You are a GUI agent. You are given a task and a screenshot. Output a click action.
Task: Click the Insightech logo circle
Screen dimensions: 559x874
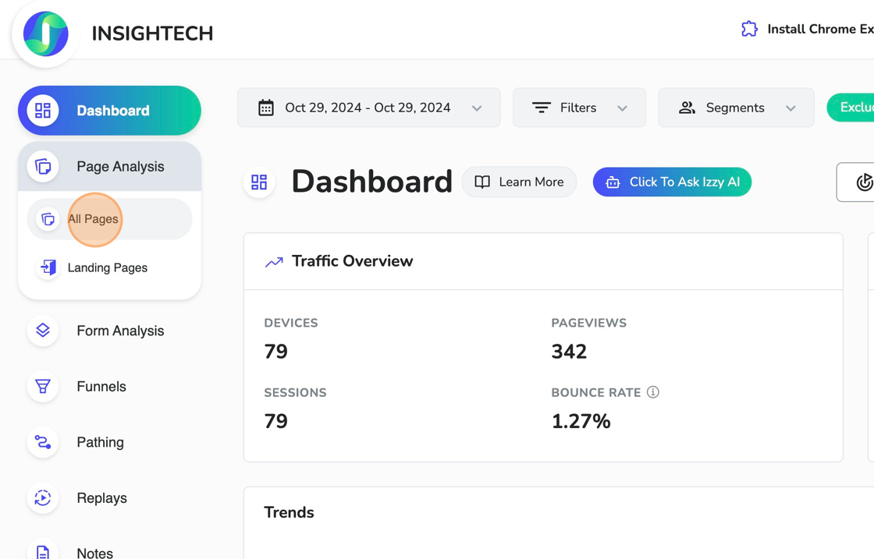46,34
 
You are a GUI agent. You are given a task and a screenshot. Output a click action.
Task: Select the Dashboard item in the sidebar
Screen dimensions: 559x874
109,111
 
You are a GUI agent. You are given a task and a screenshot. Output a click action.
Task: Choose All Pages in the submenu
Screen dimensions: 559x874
94,219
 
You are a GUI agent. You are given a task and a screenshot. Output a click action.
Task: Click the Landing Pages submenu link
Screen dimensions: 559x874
107,267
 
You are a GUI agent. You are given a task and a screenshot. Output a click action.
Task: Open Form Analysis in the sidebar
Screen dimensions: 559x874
119,331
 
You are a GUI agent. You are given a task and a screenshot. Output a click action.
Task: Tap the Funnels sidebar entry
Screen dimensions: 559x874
101,387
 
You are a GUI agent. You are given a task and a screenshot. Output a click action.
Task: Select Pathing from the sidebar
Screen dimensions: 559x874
100,442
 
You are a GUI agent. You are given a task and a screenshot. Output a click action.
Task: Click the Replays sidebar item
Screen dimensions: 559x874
101,498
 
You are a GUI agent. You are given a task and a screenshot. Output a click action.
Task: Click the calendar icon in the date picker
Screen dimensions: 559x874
266,108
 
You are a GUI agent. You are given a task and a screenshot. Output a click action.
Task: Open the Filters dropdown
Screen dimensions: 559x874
579,108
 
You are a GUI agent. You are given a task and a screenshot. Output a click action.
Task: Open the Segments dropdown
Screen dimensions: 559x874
736,108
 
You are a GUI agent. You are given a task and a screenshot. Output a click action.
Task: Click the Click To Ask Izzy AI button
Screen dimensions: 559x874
672,182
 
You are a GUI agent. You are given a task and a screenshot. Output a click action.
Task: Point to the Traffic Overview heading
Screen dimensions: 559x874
352,261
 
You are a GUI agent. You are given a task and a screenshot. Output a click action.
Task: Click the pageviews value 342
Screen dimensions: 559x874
569,352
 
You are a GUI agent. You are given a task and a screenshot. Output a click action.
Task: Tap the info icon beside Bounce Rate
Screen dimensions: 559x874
653,392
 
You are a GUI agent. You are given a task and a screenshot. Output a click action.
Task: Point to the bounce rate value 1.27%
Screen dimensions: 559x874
581,421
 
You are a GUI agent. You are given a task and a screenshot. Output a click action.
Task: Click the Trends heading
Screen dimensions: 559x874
289,512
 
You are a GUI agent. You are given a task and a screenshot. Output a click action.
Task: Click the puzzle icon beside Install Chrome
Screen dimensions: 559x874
749,29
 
